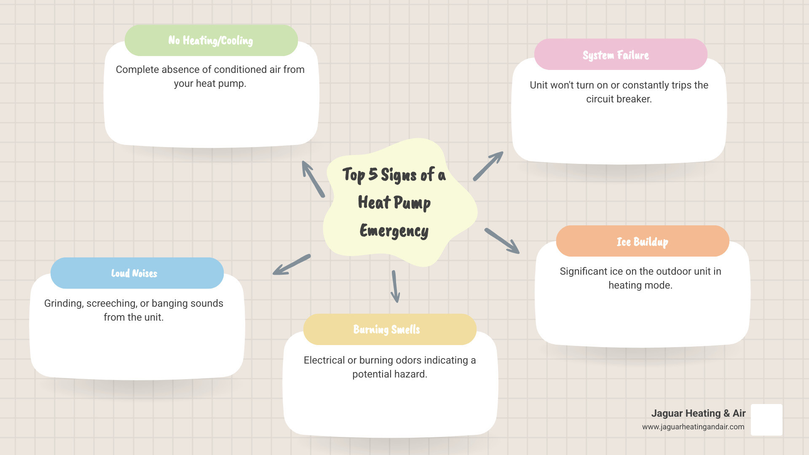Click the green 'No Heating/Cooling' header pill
coord(211,40)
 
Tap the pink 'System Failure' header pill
coord(620,55)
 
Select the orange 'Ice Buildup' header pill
coord(642,241)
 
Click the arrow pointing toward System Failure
coord(488,166)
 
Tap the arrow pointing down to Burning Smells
coord(395,286)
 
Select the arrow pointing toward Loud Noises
coord(292,265)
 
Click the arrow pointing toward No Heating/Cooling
coord(313,179)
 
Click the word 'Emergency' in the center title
coord(394,231)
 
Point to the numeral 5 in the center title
coord(373,174)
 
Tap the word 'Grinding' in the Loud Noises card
coord(63,304)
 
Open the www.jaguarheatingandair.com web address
coord(693,427)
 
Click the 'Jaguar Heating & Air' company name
coord(698,413)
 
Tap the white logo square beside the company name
coord(766,420)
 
